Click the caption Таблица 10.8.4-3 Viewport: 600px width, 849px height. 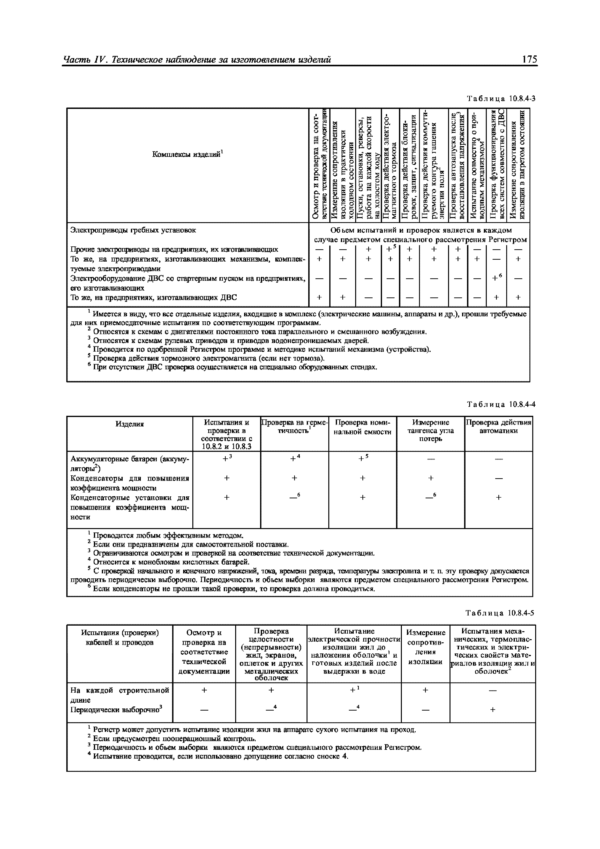(x=501, y=99)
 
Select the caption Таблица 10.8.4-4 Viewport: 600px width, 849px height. (x=501, y=404)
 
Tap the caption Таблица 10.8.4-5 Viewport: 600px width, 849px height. (x=500, y=613)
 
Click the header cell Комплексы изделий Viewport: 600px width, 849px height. (x=187, y=154)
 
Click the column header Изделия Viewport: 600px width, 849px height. (x=129, y=424)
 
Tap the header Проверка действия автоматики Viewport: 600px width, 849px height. (x=498, y=426)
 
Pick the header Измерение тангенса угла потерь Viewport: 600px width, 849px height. (x=430, y=430)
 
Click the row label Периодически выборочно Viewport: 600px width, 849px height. (x=116, y=710)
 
